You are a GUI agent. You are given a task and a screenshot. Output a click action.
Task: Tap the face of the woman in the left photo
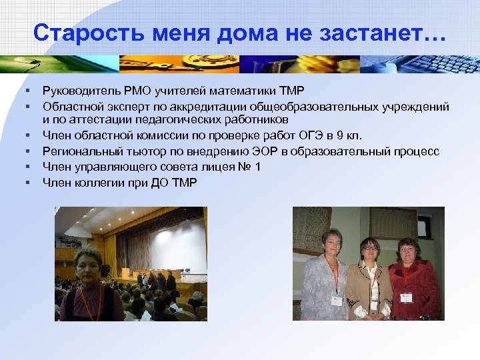(x=88, y=263)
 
